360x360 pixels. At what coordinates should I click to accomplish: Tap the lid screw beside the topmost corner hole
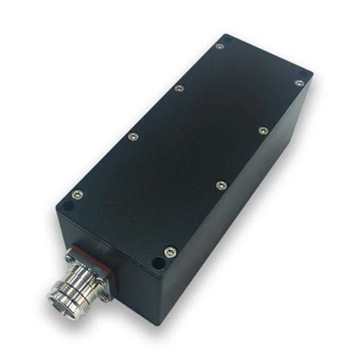tap(219, 46)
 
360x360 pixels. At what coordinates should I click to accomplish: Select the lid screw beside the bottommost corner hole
tap(169, 251)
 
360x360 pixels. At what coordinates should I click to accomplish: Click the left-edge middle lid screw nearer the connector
tap(132, 136)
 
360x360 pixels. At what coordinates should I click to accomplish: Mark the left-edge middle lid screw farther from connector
tap(178, 88)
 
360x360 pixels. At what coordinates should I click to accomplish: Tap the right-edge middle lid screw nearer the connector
tap(219, 185)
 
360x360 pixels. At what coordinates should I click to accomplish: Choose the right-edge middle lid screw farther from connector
tap(262, 131)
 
